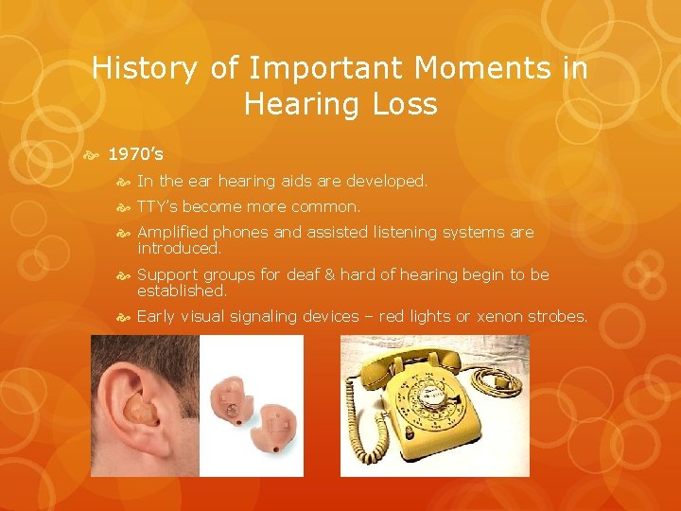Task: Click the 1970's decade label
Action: [x=135, y=153]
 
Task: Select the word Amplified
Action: [x=173, y=232]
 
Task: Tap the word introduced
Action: [x=178, y=248]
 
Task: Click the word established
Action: [x=182, y=291]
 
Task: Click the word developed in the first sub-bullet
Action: [x=390, y=180]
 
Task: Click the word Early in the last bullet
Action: [x=157, y=316]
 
